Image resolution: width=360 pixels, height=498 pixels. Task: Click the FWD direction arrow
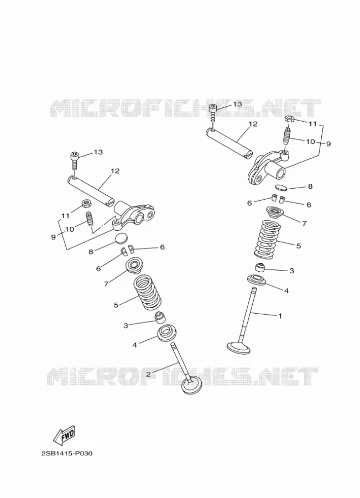tap(65, 434)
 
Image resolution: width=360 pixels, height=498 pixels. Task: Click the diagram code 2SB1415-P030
tap(67, 453)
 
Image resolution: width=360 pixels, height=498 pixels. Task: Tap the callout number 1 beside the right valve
tap(280, 316)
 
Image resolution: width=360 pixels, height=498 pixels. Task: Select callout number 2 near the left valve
tap(148, 374)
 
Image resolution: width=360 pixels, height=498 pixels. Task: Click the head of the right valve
tap(239, 347)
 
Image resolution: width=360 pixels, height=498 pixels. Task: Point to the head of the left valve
tap(192, 386)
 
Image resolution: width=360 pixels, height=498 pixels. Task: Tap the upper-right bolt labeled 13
tap(213, 113)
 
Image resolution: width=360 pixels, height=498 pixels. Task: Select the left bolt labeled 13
tap(74, 161)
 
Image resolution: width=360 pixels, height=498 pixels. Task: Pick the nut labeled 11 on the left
tap(85, 203)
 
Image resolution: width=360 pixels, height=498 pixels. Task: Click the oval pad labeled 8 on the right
tap(281, 187)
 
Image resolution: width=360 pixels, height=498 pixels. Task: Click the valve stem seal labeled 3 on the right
tap(260, 267)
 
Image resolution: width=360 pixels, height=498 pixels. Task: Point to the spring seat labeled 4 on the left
tap(166, 334)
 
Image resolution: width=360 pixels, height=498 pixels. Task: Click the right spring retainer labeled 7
tap(275, 212)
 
